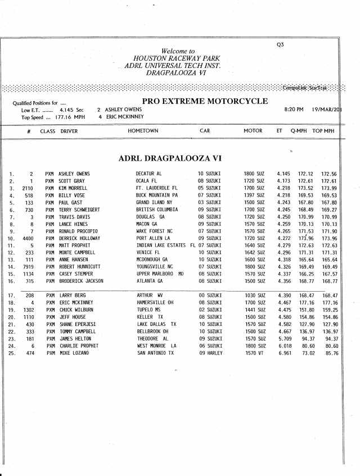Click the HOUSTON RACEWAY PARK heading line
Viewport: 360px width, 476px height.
pyautogui.click(x=177, y=58)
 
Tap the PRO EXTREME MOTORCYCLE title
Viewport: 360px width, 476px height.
pyautogui.click(x=205, y=101)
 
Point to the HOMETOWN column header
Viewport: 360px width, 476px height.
pyautogui.click(x=143, y=131)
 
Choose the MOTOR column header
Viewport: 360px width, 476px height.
pyautogui.click(x=253, y=131)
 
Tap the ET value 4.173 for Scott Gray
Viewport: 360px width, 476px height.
pyautogui.click(x=283, y=181)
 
